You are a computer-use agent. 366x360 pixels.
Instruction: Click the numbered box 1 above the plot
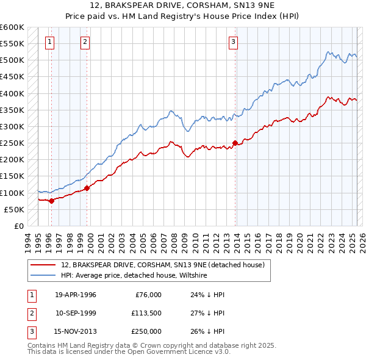pos(49,42)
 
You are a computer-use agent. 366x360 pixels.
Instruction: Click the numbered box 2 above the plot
pos(85,42)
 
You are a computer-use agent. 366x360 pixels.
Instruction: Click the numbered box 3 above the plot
pos(233,42)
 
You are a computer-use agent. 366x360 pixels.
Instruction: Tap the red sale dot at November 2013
pos(235,143)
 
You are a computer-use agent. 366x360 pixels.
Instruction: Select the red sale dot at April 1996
pos(51,200)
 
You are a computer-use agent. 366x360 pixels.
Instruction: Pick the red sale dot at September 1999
pos(87,188)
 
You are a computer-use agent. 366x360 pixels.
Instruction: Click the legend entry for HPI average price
pos(134,276)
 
